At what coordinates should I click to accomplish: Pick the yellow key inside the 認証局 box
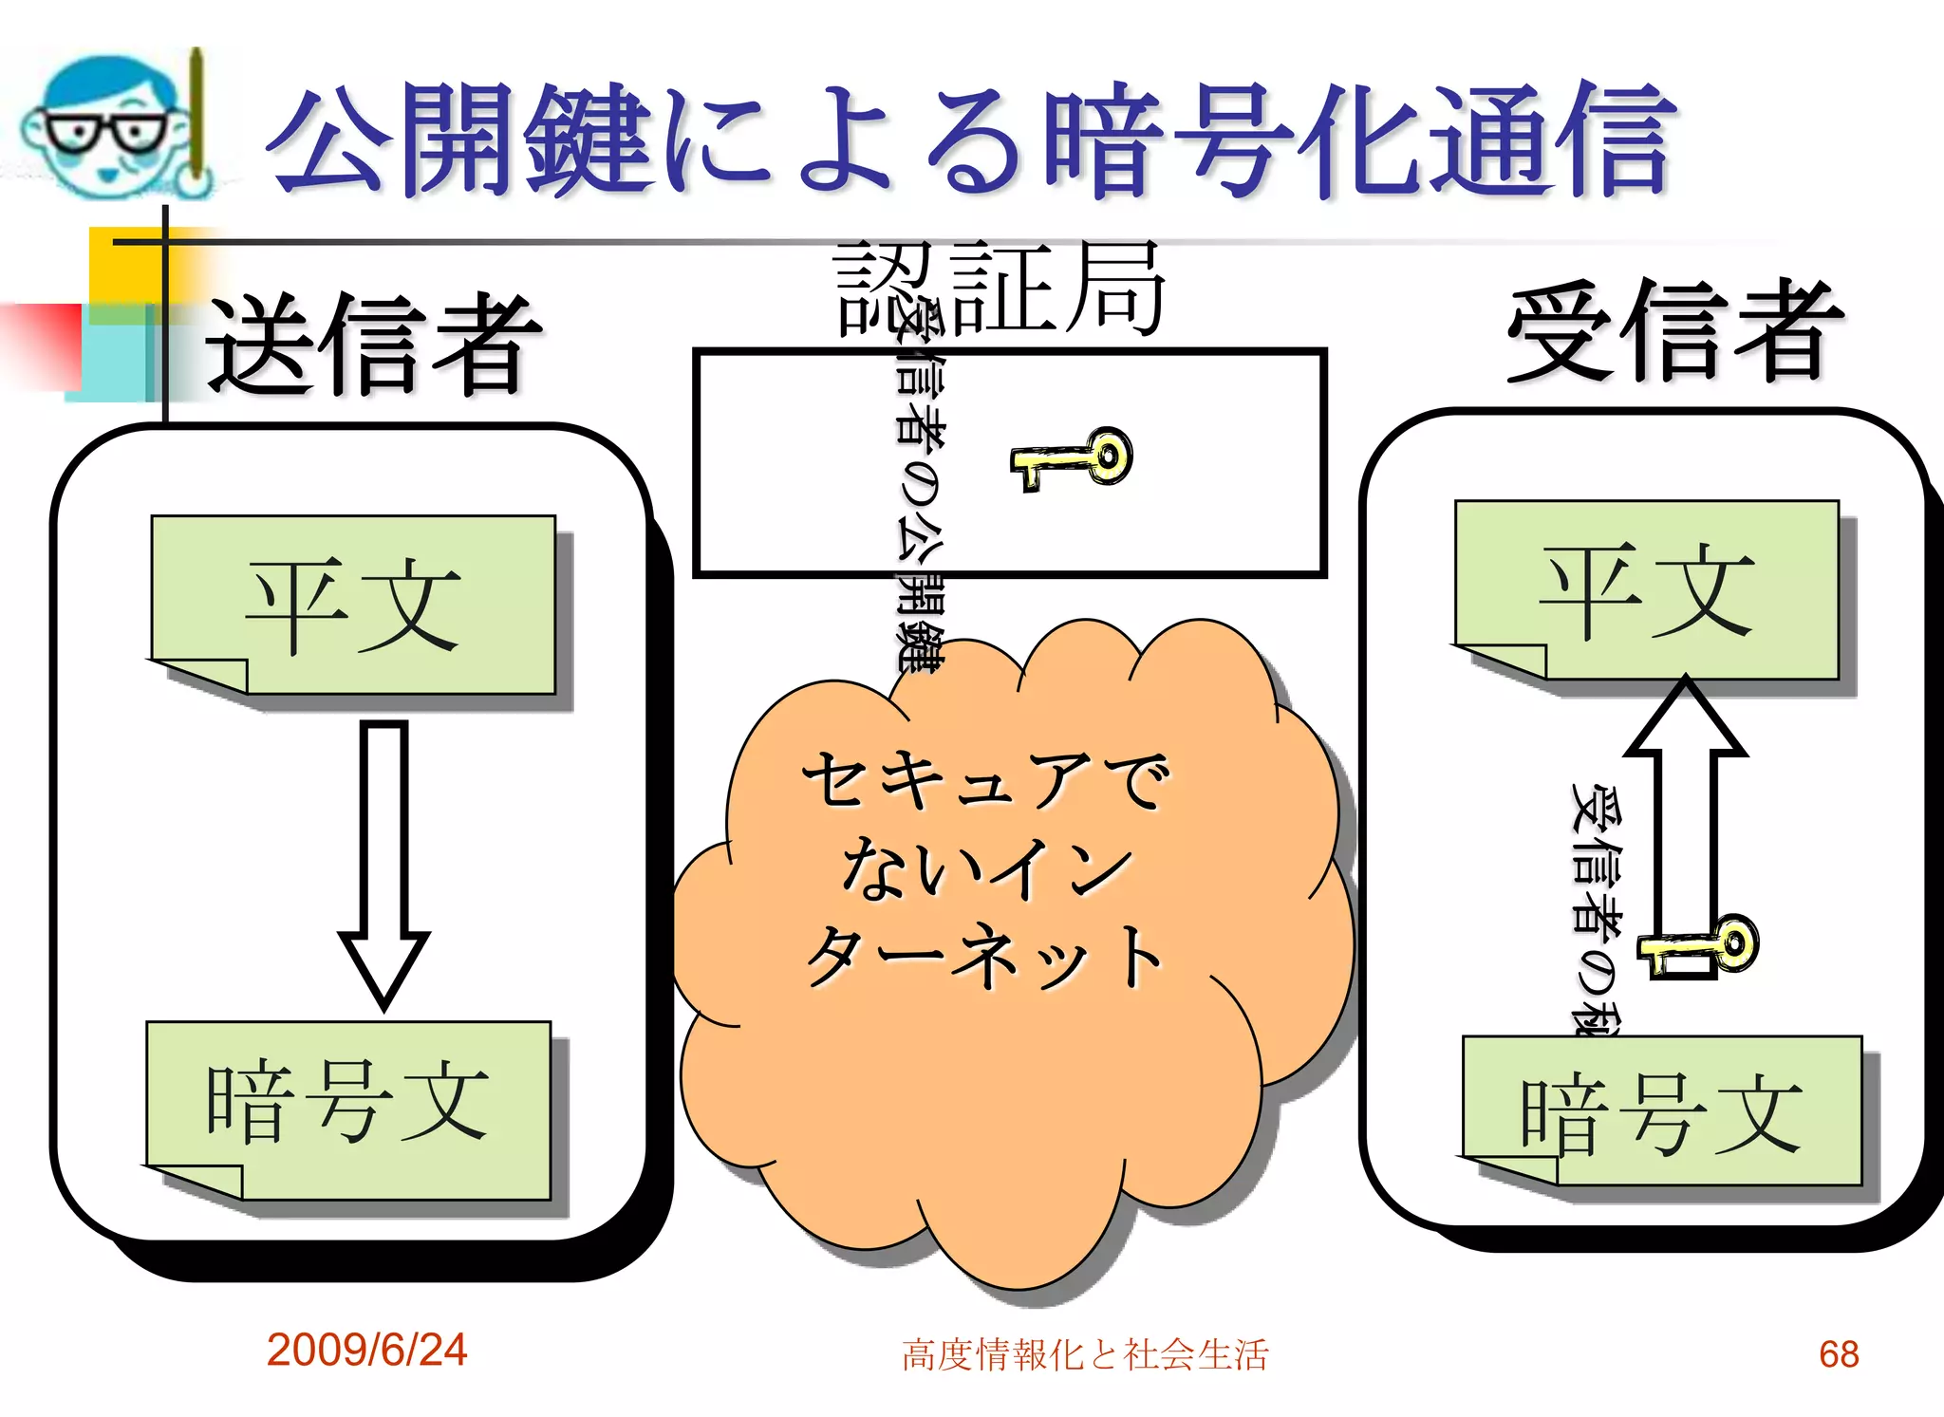1073,459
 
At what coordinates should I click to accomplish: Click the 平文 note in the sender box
353,604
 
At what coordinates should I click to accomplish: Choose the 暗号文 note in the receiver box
1661,1110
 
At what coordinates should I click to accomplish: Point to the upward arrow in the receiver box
1685,807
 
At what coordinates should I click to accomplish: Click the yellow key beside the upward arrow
1703,945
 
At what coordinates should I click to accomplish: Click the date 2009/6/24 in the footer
366,1350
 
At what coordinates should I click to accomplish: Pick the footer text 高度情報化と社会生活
1084,1354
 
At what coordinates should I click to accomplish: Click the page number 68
1838,1354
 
